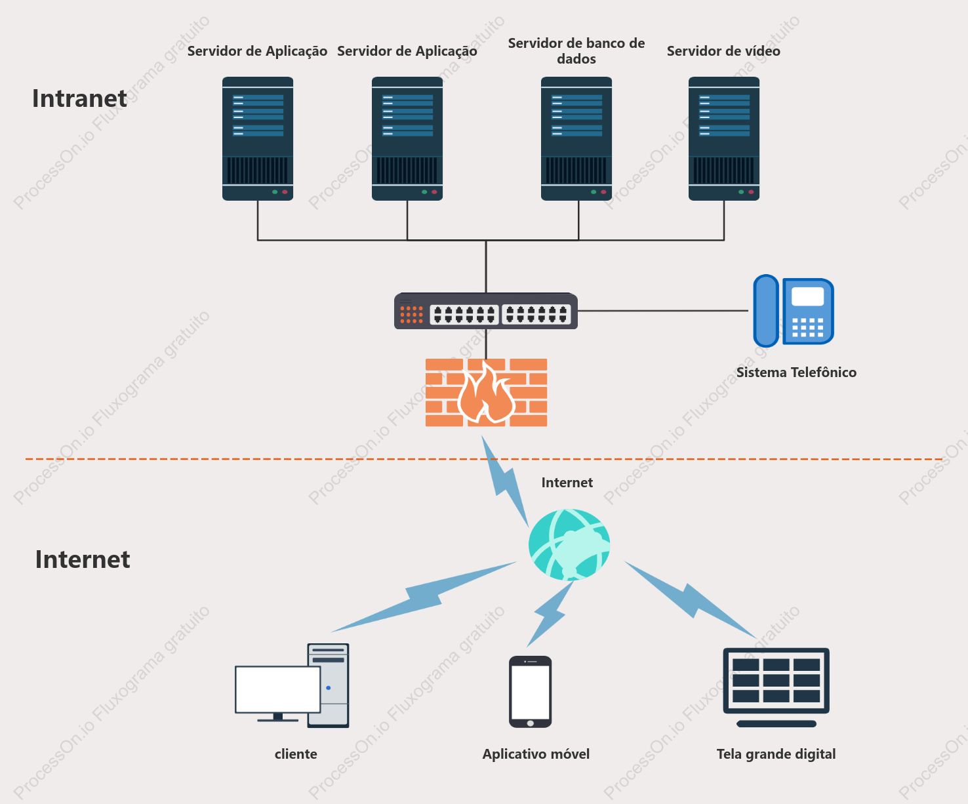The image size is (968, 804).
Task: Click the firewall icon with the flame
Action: point(486,392)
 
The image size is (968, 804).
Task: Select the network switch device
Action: point(486,311)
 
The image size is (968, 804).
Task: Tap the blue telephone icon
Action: point(794,311)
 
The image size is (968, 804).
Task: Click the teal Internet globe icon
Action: point(569,545)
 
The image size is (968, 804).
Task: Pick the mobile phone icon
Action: point(531,691)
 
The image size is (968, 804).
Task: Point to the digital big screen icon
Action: point(776,687)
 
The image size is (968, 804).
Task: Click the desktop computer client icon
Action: point(292,685)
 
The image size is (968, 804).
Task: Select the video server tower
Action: point(723,138)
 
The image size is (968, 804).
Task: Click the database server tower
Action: point(576,138)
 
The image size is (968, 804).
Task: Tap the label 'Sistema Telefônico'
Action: point(796,372)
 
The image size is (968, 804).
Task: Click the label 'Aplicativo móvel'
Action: point(536,754)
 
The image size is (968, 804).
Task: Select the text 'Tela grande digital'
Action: point(776,754)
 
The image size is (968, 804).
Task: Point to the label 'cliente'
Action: point(296,754)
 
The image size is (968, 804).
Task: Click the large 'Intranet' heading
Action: point(79,98)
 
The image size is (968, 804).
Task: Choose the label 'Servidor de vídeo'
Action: point(723,51)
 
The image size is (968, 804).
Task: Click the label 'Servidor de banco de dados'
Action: point(576,51)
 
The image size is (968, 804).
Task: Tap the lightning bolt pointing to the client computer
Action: point(424,596)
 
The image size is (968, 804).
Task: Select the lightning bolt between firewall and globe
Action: point(505,481)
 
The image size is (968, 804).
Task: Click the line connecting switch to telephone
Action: point(663,311)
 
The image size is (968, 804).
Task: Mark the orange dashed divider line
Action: point(484,459)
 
